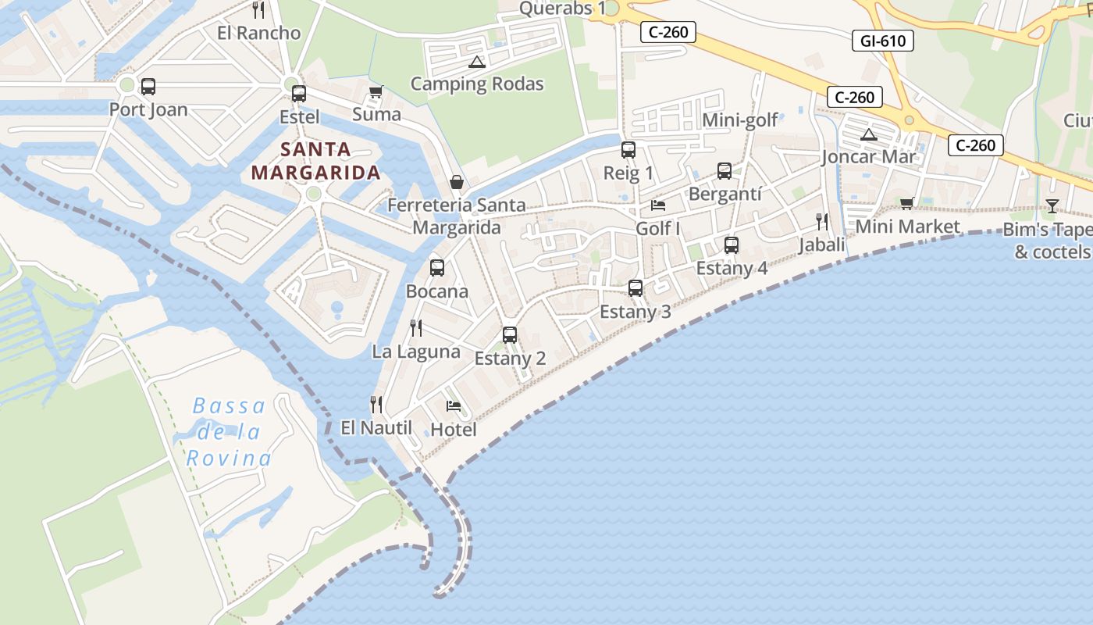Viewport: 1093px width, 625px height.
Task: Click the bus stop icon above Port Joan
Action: (148, 87)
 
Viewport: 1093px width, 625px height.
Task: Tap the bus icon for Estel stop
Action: (298, 94)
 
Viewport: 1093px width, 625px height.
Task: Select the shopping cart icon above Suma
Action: (376, 91)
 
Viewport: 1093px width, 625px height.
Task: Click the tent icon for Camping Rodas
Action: (476, 62)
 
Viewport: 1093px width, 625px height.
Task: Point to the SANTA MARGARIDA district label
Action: (315, 161)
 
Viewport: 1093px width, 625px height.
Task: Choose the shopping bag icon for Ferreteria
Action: (457, 182)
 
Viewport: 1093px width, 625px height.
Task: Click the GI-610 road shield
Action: (882, 41)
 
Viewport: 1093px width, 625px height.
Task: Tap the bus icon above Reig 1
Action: (628, 150)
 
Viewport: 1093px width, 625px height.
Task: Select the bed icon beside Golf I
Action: (658, 205)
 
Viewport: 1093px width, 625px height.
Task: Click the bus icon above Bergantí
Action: (724, 171)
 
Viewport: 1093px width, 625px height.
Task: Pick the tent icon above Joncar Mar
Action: (868, 134)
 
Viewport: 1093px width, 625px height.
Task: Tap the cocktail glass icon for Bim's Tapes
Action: (1052, 206)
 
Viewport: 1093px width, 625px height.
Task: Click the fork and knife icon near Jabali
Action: (821, 222)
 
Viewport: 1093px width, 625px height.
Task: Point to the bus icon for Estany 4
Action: (731, 245)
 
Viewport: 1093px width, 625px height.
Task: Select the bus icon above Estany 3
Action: (635, 288)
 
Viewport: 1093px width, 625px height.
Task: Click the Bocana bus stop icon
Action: (436, 268)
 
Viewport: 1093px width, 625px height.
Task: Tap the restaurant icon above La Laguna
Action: (416, 328)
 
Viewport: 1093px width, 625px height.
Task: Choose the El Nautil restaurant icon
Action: (376, 404)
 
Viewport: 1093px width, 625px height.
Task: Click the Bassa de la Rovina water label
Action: (230, 432)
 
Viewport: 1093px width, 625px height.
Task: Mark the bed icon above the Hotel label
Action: (453, 405)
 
